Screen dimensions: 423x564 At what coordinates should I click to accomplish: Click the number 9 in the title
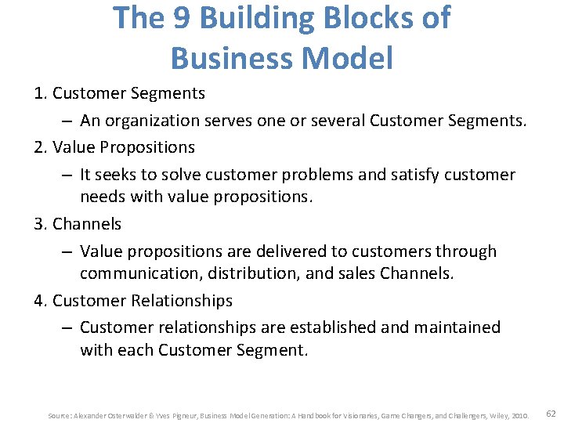click(x=182, y=18)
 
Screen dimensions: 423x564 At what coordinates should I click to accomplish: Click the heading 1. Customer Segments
click(x=119, y=93)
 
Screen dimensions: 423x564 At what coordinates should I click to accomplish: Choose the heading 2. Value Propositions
click(x=114, y=146)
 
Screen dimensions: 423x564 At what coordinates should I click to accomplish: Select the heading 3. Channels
click(x=78, y=223)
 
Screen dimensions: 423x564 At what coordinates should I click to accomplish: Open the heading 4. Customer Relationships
click(x=133, y=300)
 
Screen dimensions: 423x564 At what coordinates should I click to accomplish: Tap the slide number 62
click(x=551, y=413)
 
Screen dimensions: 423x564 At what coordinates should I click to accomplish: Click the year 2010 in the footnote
click(x=521, y=414)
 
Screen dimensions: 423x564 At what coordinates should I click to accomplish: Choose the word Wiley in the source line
click(x=494, y=414)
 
